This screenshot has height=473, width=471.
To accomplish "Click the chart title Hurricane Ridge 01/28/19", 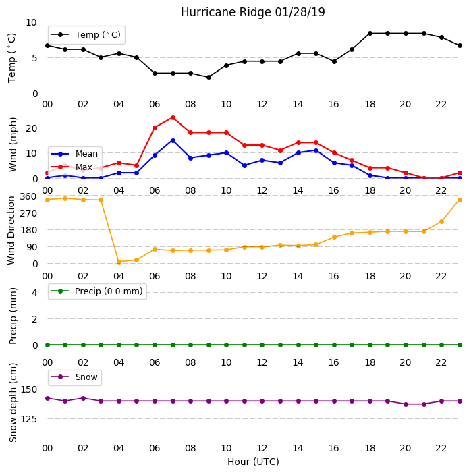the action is [253, 12].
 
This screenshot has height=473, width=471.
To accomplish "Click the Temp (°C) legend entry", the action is [86, 35].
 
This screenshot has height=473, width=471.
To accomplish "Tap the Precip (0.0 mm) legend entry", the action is [97, 291].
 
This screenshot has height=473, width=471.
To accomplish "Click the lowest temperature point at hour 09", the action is [209, 77].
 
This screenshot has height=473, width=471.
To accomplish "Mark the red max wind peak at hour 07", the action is [173, 117].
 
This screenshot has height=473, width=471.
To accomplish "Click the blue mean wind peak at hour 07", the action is [173, 140].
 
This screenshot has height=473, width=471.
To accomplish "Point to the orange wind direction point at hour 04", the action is [119, 262].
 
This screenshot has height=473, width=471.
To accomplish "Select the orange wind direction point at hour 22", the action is [442, 222].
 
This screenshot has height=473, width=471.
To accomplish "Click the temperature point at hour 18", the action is [370, 33].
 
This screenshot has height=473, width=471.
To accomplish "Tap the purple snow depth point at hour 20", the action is [406, 404].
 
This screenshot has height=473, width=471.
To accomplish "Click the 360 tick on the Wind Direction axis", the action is [28, 196].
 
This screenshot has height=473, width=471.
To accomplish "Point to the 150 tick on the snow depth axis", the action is [29, 389].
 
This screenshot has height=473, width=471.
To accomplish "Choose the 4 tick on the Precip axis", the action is [35, 293].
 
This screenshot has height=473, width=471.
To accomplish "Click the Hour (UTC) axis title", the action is [253, 462].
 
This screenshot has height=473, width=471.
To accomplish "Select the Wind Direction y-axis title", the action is [11, 231].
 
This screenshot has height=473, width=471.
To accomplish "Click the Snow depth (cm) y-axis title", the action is [13, 403].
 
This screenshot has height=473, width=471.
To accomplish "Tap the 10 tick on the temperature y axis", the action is [32, 22].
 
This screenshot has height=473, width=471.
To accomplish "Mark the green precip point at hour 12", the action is [262, 345].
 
